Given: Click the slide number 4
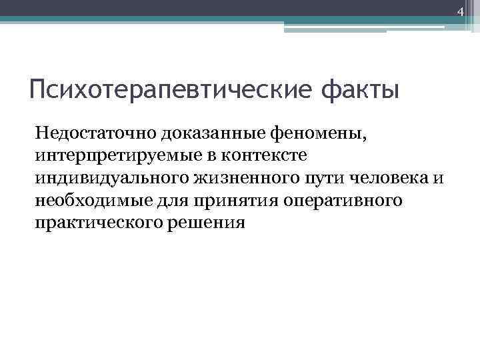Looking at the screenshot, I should point(459,11).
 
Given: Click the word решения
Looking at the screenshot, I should point(210,223).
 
